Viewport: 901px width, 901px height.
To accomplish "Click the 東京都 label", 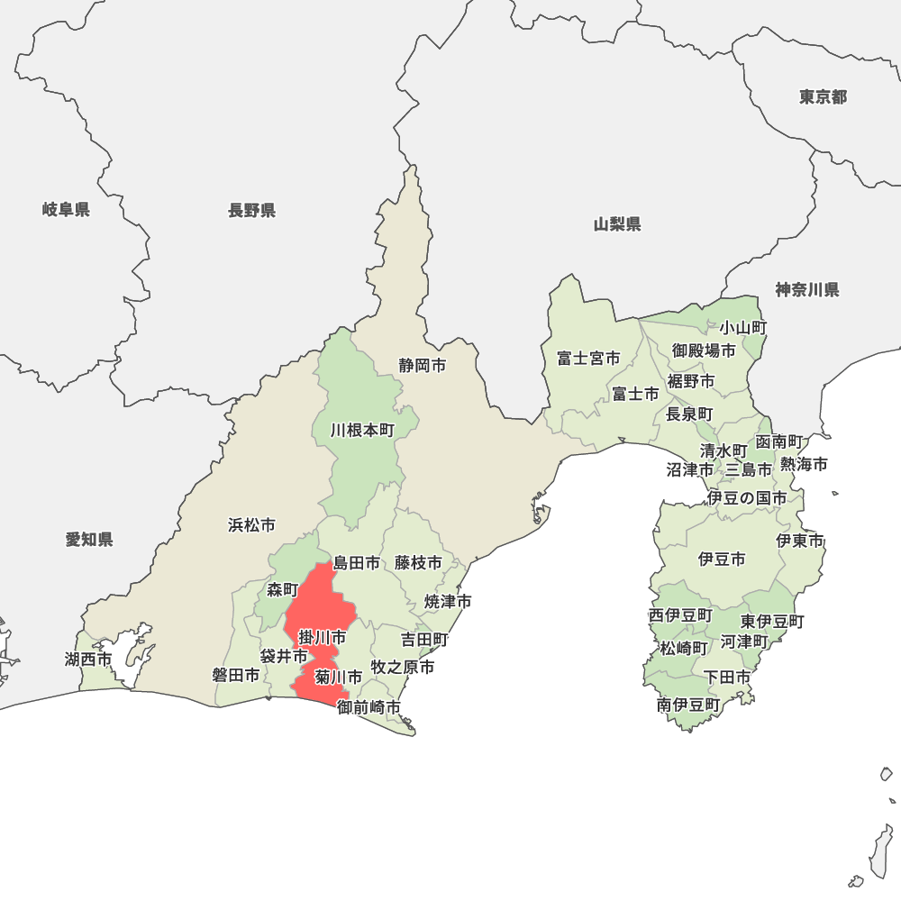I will (823, 97).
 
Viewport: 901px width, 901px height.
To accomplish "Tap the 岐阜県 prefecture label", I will (66, 210).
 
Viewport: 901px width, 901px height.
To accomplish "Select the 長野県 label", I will (251, 211).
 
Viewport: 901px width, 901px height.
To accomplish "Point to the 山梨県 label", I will (617, 224).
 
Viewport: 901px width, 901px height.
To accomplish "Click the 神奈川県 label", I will (806, 289).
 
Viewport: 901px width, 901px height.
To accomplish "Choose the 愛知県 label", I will (89, 540).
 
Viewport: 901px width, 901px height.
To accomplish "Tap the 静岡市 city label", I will (423, 366).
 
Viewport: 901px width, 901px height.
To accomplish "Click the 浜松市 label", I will (251, 524).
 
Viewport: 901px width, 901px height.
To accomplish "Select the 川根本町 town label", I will (362, 431).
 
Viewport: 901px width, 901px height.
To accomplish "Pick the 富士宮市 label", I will (587, 359).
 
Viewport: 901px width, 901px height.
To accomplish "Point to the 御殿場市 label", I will (704, 350).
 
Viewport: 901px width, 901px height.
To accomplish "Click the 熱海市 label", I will (804, 465).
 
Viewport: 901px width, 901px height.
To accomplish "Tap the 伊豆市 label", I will (722, 560).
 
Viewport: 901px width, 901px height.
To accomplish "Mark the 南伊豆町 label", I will (688, 705).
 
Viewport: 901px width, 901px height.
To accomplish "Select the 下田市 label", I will (727, 677).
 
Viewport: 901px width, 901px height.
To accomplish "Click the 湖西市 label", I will (88, 660).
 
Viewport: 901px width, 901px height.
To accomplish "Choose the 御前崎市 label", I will (369, 707).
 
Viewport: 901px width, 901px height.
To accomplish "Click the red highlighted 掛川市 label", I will (322, 638).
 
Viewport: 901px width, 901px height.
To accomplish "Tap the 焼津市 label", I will (449, 601).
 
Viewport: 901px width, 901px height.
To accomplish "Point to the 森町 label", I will (282, 590).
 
